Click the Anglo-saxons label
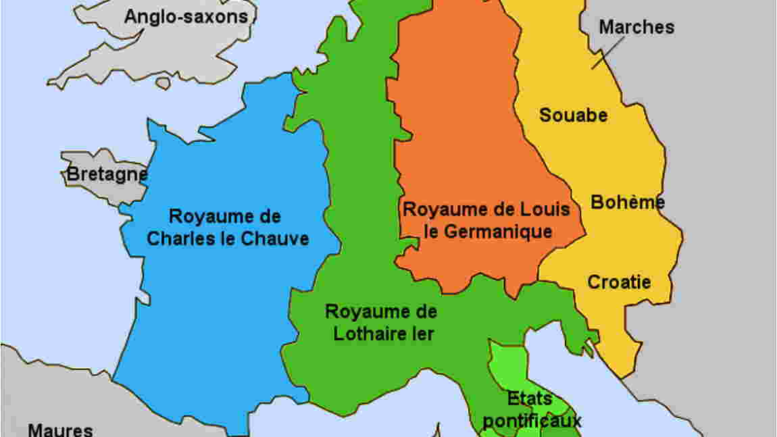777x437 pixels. click(x=186, y=16)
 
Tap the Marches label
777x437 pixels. click(x=636, y=27)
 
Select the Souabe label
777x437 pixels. click(x=573, y=115)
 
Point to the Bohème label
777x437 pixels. click(x=628, y=202)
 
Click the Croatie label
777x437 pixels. click(x=619, y=282)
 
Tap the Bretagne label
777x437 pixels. click(x=107, y=175)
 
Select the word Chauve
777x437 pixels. click(x=277, y=238)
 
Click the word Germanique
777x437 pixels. click(x=499, y=232)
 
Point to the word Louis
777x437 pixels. click(x=545, y=209)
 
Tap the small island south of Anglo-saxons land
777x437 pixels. click(x=163, y=83)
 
